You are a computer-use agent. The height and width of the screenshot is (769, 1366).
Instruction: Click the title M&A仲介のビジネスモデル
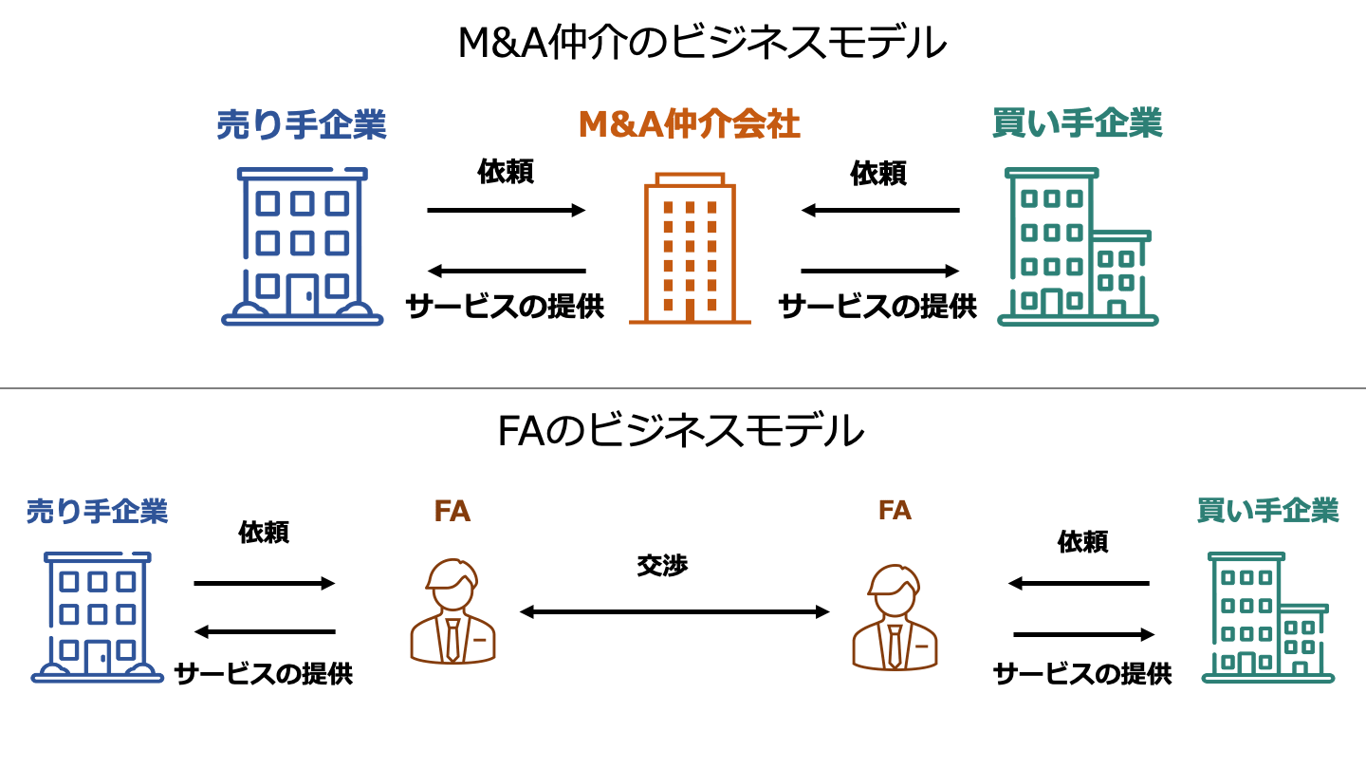coord(702,44)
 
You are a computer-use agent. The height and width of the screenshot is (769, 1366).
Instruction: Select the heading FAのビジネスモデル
coord(680,432)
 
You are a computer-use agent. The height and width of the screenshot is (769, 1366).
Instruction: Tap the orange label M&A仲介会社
coord(689,124)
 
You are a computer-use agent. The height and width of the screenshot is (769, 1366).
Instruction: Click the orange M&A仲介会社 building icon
coord(690,250)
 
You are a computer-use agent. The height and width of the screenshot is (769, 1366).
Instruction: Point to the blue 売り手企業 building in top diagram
coord(302,247)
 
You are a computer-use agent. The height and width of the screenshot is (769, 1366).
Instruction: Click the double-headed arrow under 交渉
coord(674,612)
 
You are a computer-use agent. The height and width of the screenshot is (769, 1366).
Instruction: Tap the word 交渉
coord(662,565)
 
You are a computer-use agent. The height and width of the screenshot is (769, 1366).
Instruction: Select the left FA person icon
coord(452,611)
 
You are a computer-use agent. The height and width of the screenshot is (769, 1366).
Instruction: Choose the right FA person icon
coord(895,616)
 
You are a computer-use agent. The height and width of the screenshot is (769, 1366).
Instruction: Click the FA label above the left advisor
coord(452,512)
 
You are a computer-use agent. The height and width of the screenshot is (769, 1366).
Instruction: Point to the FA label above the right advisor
coord(895,511)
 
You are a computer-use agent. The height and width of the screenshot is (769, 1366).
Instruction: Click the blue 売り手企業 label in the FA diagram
coord(97,512)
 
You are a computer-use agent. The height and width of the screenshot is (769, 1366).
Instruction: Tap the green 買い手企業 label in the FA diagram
coord(1267,511)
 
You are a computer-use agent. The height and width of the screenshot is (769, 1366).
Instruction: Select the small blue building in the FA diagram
coord(97,617)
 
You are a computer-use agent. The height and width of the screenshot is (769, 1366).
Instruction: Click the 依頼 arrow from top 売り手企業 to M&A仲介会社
coord(507,211)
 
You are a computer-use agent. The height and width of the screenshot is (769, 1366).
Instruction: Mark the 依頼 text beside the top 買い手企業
coord(878,174)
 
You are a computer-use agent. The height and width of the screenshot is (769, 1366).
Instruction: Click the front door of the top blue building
coord(303,294)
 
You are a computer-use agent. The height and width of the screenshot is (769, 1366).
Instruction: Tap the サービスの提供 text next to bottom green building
coord(1082,674)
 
